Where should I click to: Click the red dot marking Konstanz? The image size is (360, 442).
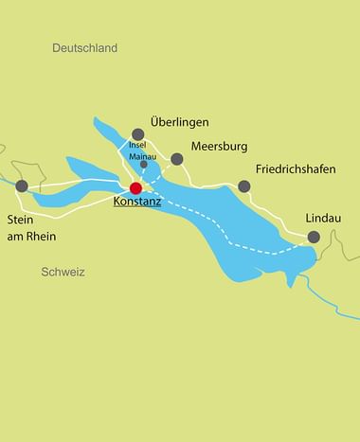click(135, 187)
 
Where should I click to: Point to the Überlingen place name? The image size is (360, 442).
click(180, 123)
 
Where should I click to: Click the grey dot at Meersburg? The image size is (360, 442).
click(176, 158)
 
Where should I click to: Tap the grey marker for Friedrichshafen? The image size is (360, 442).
click(243, 186)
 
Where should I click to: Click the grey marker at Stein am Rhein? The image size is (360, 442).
click(22, 186)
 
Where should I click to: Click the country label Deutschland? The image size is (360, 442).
click(84, 47)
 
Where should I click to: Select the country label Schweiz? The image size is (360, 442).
click(63, 272)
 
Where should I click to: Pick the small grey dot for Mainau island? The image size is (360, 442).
click(144, 164)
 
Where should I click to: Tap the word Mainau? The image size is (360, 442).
click(142, 155)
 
